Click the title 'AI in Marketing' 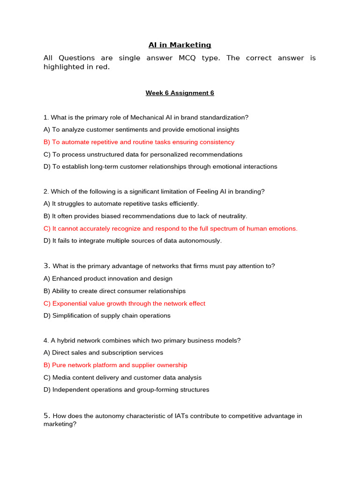(x=180, y=45)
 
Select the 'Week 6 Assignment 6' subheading (x=180, y=93)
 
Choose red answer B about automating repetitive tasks (x=139, y=142)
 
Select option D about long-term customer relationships (x=160, y=166)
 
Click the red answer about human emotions (x=171, y=229)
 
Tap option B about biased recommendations (x=145, y=216)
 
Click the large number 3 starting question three (x=46, y=266)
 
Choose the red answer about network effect (x=124, y=303)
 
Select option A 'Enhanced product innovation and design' (x=108, y=278)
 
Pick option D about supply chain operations (x=107, y=315)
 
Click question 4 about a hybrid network (x=142, y=340)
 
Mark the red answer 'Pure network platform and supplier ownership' (x=115, y=365)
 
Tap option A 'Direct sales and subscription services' (x=103, y=352)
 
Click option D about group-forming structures (x=127, y=390)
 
